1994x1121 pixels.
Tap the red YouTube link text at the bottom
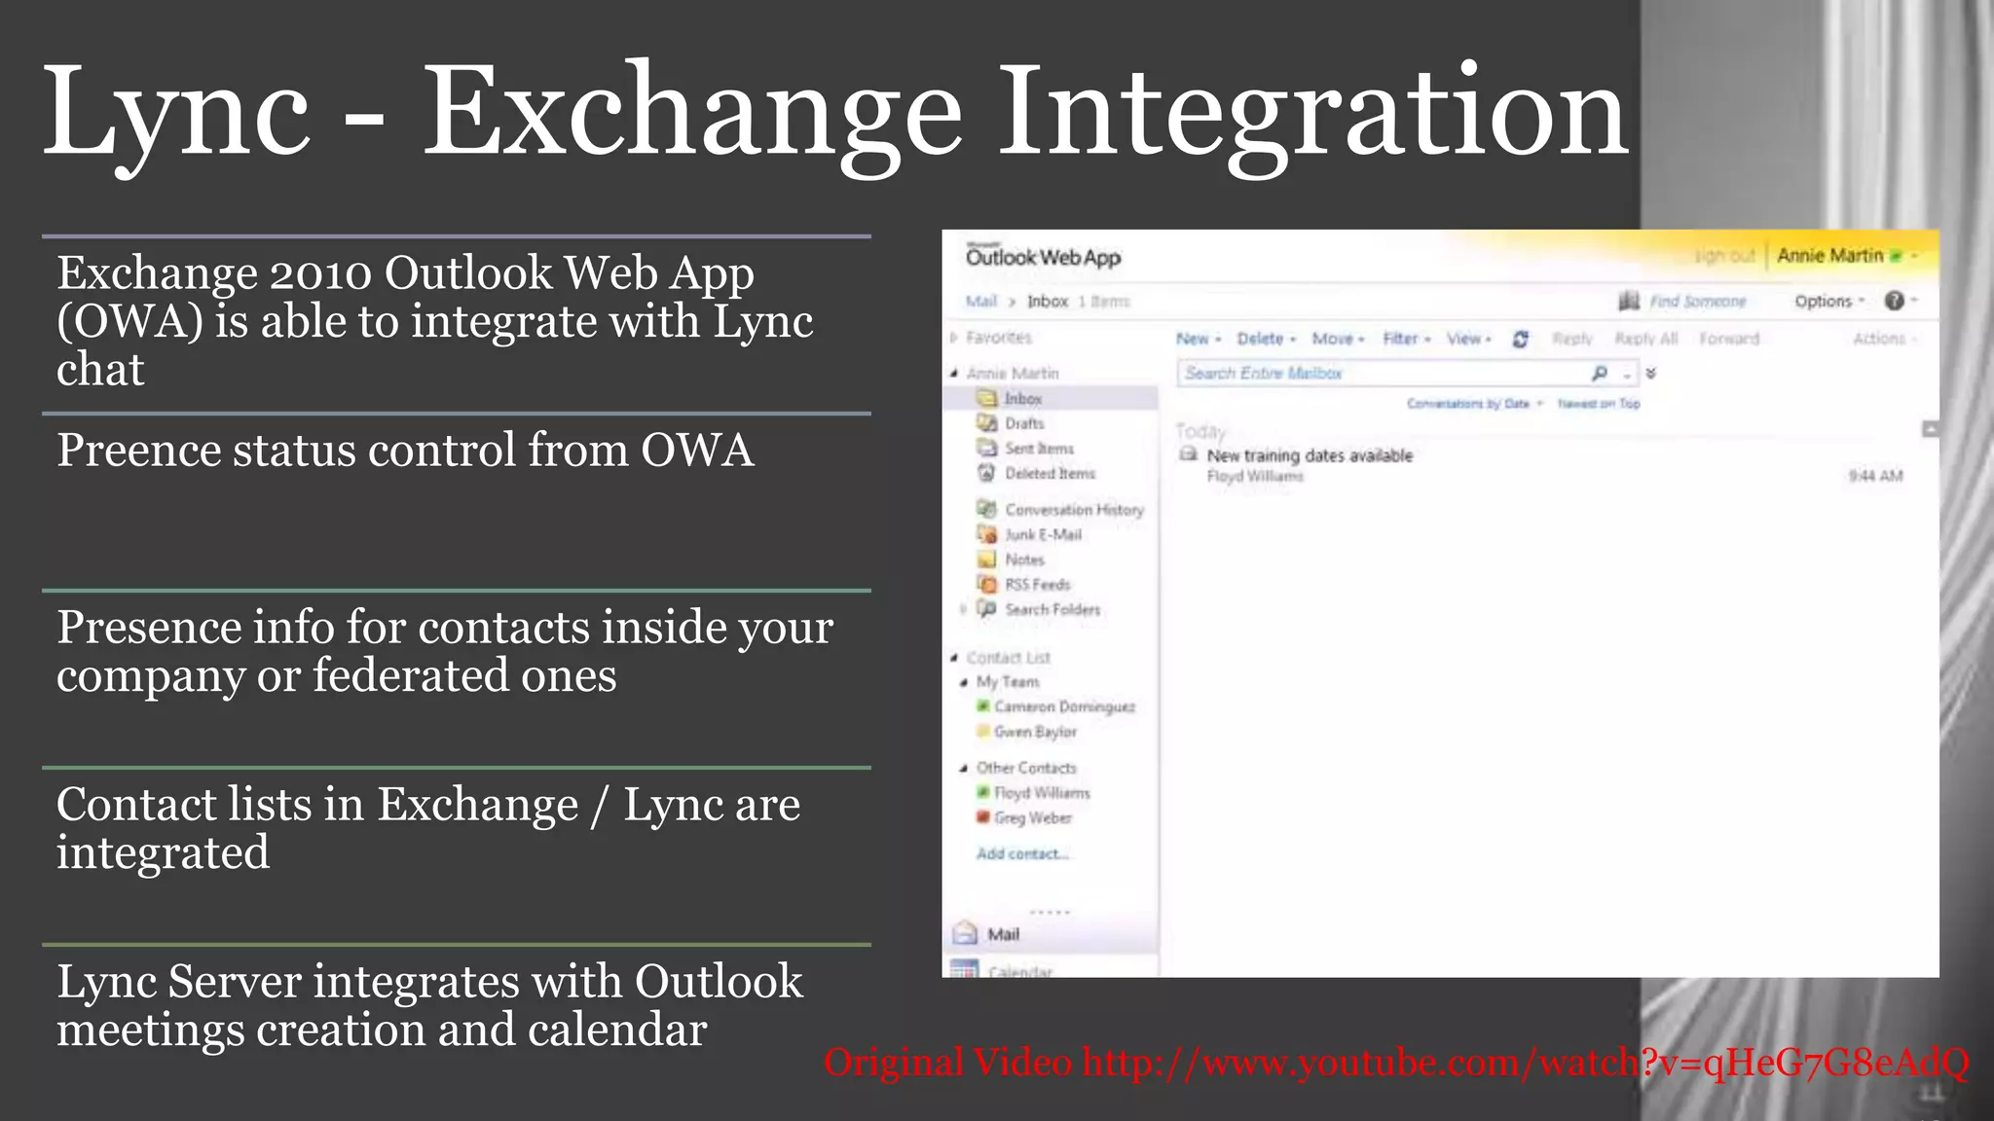pos(1396,1063)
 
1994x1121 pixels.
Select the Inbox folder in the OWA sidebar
pos(1022,399)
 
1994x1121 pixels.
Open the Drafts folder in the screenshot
pos(1023,423)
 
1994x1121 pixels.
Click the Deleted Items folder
pos(1049,474)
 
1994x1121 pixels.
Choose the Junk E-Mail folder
pos(1042,535)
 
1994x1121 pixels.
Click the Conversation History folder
pos(1073,510)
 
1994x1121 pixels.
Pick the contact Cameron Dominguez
pos(1063,707)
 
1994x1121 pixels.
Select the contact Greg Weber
pos(1032,818)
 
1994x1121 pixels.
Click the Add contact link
pos(1021,854)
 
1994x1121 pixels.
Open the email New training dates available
pos(1309,455)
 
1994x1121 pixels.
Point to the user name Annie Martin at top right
pos(1829,256)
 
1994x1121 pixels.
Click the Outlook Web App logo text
pos(1043,258)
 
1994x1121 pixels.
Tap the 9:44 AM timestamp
pos(1874,476)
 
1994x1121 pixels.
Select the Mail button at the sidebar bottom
pos(1002,934)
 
